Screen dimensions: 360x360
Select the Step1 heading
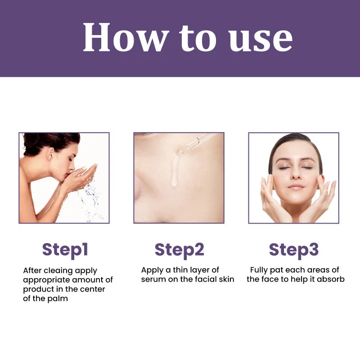click(65, 249)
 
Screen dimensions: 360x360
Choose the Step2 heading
click(179, 249)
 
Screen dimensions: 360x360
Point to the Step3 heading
click(293, 249)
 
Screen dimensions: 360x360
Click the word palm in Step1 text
click(58, 299)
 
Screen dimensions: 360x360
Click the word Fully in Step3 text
click(260, 270)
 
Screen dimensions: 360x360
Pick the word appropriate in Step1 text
click(44, 280)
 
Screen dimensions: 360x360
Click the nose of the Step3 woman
click(295, 175)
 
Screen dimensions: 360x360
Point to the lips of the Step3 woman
click(296, 186)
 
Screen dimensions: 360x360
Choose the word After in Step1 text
click(33, 270)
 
